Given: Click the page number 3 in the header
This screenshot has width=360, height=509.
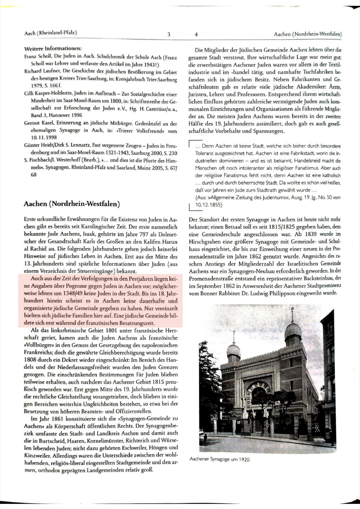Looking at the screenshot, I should (169, 34).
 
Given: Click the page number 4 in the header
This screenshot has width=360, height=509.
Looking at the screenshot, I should (196, 34).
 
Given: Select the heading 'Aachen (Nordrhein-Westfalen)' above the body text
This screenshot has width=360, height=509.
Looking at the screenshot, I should (72, 204).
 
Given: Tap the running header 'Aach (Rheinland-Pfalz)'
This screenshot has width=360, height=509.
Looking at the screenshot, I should (51, 33).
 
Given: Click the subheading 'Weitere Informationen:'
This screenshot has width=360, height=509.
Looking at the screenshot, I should (53, 49).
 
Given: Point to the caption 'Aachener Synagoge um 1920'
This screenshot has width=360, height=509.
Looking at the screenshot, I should (219, 459).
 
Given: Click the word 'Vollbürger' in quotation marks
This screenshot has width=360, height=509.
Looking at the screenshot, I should (39, 345).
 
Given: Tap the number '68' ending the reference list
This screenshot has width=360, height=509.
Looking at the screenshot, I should (34, 175).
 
